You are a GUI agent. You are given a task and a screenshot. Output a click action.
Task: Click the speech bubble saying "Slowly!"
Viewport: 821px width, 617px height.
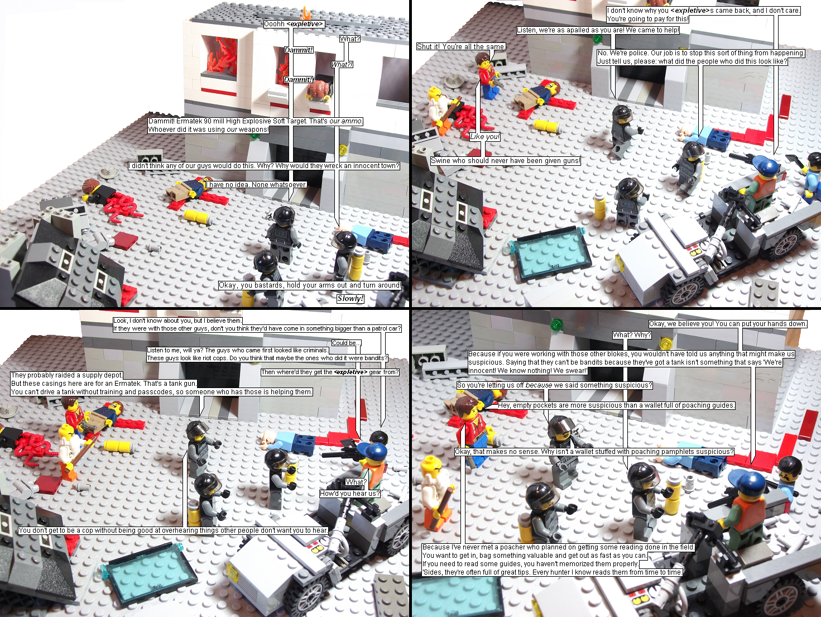350,299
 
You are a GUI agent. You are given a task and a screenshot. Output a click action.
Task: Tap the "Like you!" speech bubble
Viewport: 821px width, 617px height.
485,137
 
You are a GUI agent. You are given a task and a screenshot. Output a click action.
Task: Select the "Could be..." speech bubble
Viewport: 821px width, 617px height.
347,343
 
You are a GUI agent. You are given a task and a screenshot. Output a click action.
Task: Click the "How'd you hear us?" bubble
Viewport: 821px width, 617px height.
350,494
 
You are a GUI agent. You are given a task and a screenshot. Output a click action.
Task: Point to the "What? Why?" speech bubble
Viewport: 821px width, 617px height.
632,335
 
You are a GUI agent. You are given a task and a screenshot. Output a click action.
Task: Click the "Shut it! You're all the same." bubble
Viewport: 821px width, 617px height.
461,46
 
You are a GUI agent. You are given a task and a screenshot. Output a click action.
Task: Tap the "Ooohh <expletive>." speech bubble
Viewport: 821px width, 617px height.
294,24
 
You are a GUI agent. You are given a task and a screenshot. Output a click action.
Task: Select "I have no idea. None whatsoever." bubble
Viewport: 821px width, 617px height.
256,184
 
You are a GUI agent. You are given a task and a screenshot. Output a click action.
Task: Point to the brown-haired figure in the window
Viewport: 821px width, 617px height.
318,91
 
